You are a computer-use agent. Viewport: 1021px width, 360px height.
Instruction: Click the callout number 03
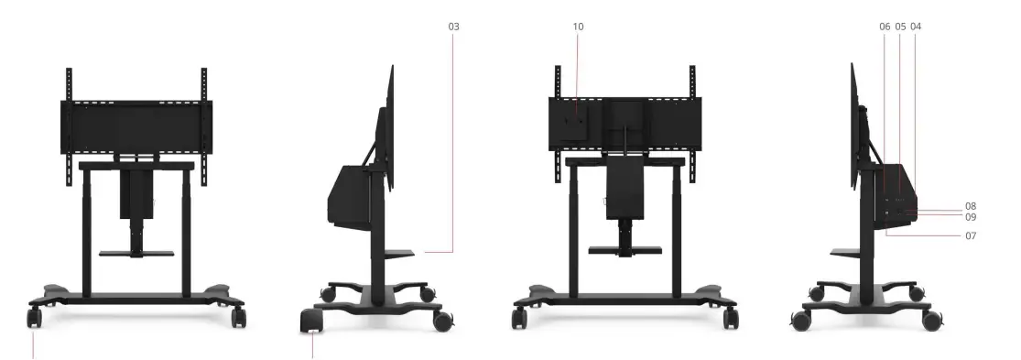453,27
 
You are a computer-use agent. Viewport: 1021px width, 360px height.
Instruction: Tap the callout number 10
578,27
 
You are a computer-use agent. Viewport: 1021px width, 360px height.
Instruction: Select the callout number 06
885,27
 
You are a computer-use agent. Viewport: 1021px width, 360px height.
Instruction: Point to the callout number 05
900,27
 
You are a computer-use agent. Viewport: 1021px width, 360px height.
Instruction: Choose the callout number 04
917,27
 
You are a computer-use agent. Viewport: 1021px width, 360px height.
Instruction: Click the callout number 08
971,206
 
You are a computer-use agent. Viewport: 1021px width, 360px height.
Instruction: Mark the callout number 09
971,217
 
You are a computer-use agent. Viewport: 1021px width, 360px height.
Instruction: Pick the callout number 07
971,235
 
